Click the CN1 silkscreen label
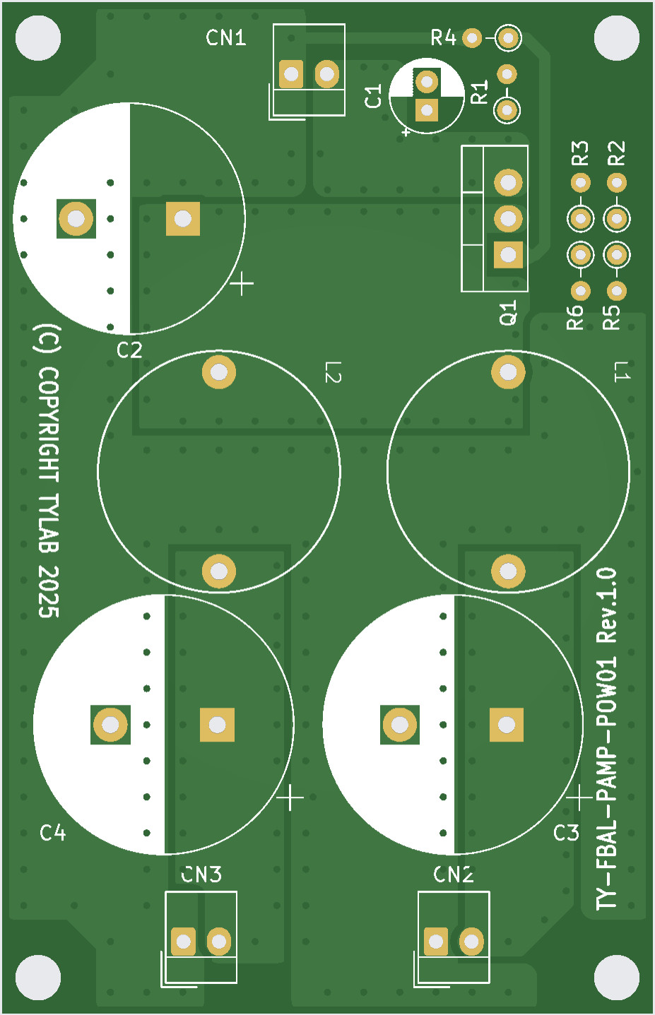pos(226,38)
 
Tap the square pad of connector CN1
pos(291,74)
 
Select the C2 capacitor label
pos(129,350)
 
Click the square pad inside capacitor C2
pos(183,218)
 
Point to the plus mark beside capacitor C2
pos(242,284)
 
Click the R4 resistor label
pos(444,38)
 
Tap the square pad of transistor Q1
pos(508,255)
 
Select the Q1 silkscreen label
pos(509,313)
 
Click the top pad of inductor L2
pos(218,372)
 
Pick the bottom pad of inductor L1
pos(508,571)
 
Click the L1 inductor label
pos(621,372)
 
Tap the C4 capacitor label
pos(53,833)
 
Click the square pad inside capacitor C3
pos(507,725)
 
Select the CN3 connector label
pos(201,875)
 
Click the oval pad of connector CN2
pos(471,941)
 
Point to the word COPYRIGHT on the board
pos(48,424)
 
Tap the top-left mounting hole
pos(38,38)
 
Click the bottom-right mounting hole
pos(616,978)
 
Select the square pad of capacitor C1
pos(427,109)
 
